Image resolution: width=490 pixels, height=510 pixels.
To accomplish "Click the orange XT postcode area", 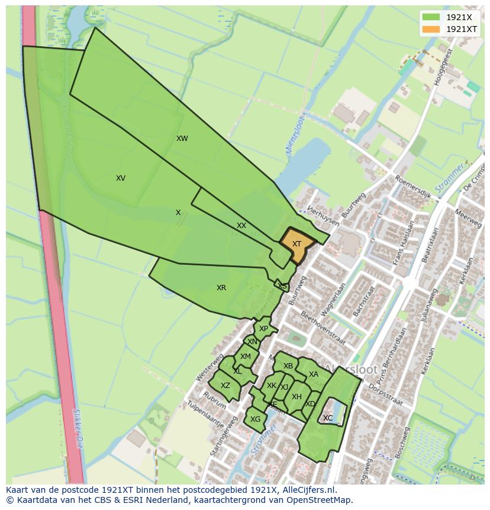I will pyautogui.click(x=296, y=244).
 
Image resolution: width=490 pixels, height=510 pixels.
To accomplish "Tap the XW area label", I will pyautogui.click(x=182, y=139).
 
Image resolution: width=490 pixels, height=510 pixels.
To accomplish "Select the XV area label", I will pyautogui.click(x=121, y=178).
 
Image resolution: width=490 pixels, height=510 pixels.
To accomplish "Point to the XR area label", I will pyautogui.click(x=221, y=288).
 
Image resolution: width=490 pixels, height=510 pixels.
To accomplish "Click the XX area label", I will pyautogui.click(x=241, y=226).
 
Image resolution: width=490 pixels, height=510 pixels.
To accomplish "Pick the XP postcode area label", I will pyautogui.click(x=264, y=329).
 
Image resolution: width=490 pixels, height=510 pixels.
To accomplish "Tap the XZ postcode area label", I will pyautogui.click(x=225, y=386).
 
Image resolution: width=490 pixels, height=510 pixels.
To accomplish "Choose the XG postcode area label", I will pyautogui.click(x=256, y=419).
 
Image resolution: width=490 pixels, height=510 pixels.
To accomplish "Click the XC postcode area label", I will pyautogui.click(x=328, y=418).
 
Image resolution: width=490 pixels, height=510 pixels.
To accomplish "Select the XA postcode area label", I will pyautogui.click(x=314, y=374).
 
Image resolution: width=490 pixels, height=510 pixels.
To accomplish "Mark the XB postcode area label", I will pyautogui.click(x=288, y=366).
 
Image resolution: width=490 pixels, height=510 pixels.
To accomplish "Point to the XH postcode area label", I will pyautogui.click(x=296, y=397).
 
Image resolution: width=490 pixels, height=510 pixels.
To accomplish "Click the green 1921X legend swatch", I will pyautogui.click(x=431, y=17).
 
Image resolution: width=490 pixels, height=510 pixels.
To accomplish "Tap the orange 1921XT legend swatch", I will pyautogui.click(x=431, y=29).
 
